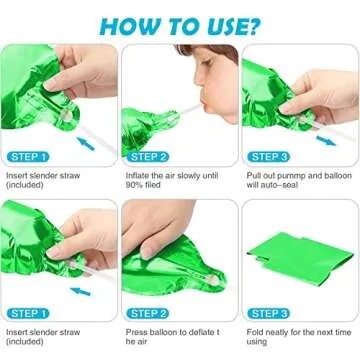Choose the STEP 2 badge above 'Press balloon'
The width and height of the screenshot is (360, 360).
tap(148, 312)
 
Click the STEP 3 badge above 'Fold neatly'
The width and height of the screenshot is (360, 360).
tap(269, 312)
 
